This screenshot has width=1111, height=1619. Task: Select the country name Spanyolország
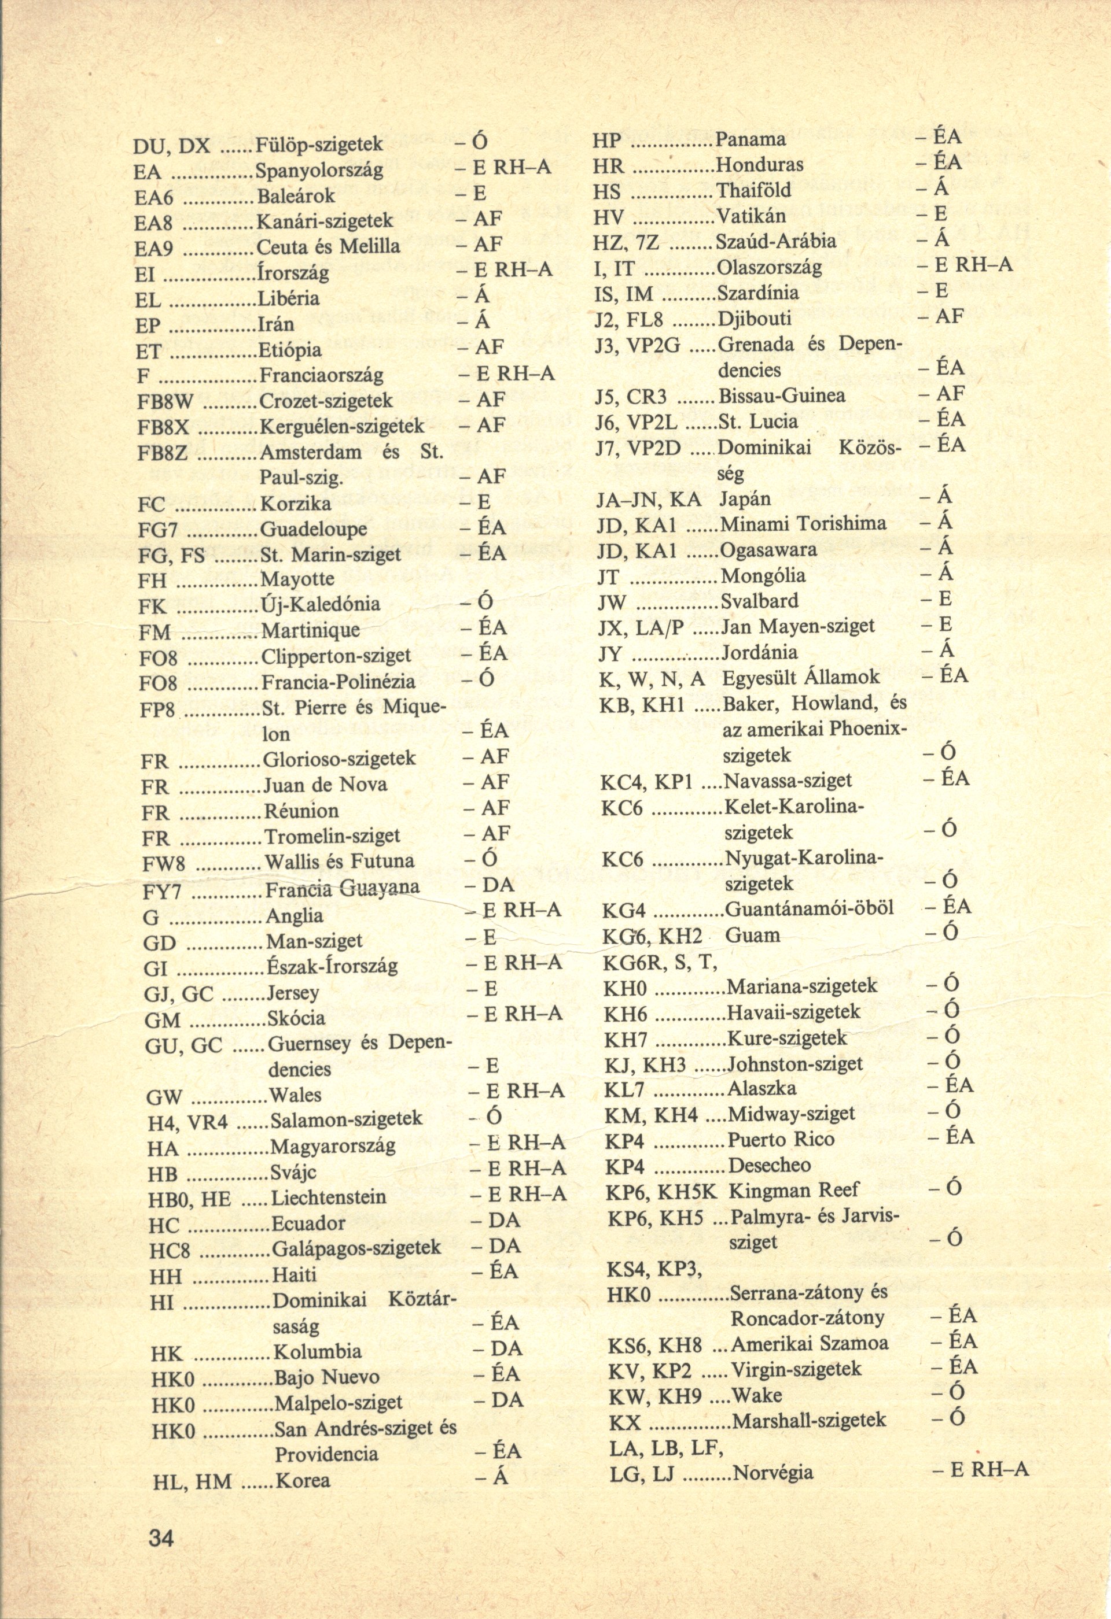[320, 170]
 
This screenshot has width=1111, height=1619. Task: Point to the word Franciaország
[321, 375]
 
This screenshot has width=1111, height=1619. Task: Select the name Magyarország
[333, 1145]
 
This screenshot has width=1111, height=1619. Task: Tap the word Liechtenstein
[328, 1197]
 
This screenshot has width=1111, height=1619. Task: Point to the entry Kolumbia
[318, 1351]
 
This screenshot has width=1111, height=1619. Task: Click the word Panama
[751, 139]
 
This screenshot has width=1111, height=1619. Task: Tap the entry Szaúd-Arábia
[776, 242]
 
